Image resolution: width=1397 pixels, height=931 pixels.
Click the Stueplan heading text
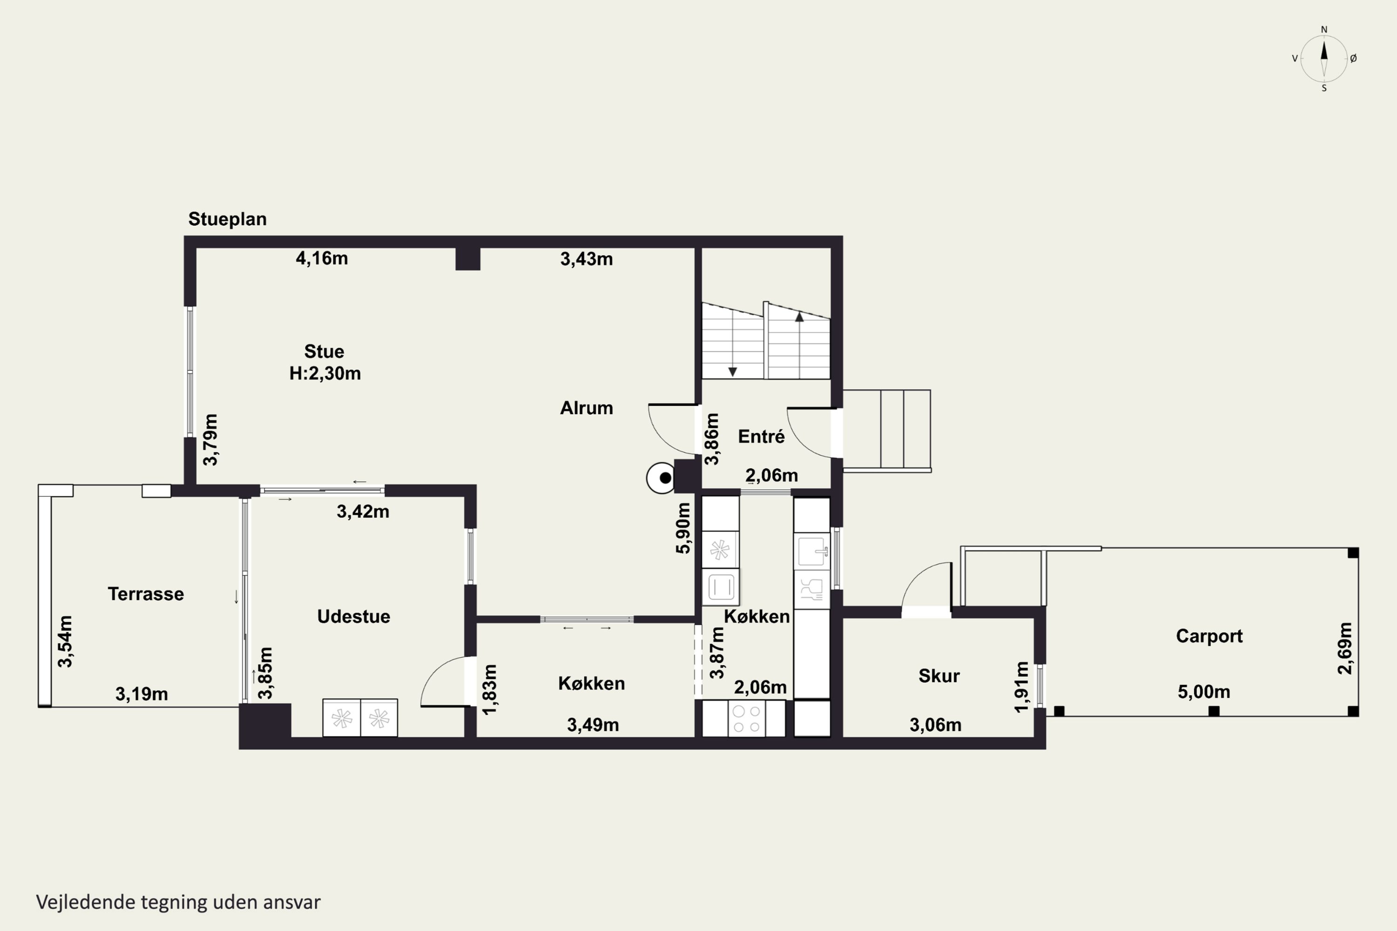[228, 220]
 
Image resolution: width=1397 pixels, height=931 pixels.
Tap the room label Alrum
[586, 408]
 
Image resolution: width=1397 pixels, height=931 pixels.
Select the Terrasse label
[145, 594]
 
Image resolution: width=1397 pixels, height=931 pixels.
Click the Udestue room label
[353, 616]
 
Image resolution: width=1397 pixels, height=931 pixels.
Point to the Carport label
[1209, 636]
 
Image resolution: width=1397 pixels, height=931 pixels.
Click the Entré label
[761, 437]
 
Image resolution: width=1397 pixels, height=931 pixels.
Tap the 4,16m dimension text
[322, 258]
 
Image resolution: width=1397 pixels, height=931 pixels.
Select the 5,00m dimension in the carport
[1204, 692]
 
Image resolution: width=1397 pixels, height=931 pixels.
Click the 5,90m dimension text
[684, 528]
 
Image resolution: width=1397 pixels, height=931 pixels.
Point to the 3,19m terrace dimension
[142, 694]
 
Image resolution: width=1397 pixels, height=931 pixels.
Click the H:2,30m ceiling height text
[325, 373]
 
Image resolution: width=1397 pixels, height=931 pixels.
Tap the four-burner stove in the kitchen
[746, 718]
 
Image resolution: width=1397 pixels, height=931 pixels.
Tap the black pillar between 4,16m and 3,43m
[468, 259]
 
